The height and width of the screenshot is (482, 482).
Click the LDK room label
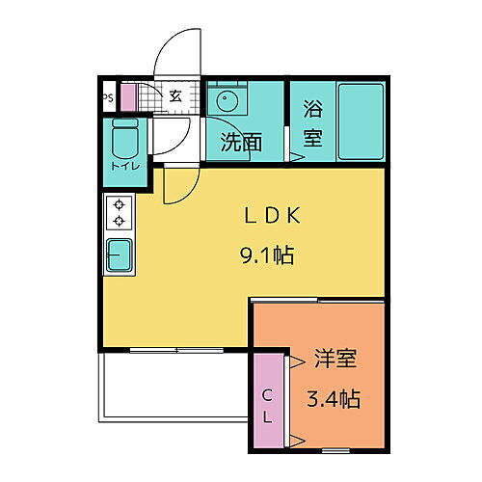point(271,217)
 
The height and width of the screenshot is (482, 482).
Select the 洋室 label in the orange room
point(335,361)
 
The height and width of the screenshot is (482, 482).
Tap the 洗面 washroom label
point(241,143)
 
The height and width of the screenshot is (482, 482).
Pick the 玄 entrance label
point(176,95)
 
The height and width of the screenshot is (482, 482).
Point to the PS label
point(107,97)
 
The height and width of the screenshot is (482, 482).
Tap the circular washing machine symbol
point(228,101)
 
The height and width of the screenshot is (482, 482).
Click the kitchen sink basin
point(120,255)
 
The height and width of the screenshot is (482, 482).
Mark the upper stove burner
point(120,204)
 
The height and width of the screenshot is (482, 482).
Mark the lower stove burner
point(120,221)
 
